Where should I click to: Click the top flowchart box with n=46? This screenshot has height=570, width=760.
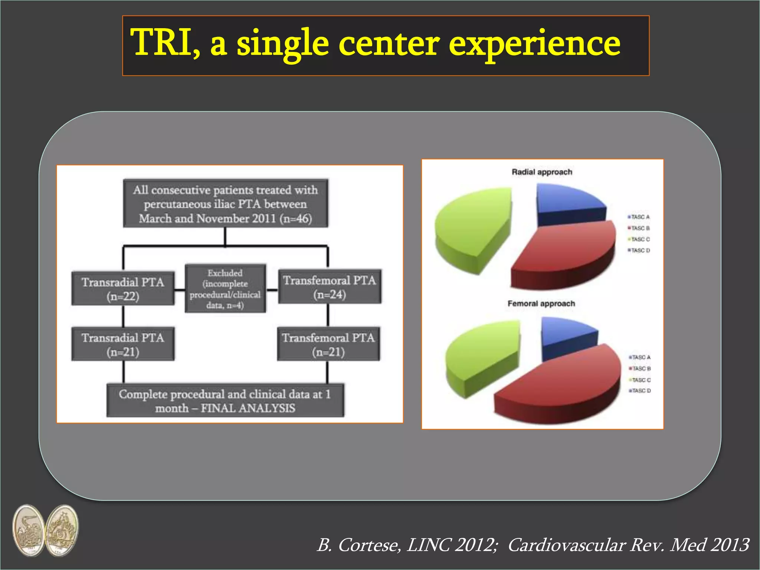(x=226, y=204)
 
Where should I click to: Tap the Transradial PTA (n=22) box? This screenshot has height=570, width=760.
(x=123, y=289)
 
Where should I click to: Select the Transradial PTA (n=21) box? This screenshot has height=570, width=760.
(x=123, y=344)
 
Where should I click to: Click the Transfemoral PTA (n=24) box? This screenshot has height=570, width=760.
(x=330, y=287)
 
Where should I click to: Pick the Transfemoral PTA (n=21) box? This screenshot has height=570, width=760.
(x=328, y=344)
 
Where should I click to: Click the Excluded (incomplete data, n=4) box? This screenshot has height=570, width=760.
(x=225, y=289)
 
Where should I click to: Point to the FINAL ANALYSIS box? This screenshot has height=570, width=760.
(x=225, y=400)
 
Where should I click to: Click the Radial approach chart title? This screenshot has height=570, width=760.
(x=542, y=172)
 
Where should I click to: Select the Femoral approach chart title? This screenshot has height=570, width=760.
(x=541, y=304)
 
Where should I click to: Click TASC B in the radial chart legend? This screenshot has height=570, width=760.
(x=639, y=228)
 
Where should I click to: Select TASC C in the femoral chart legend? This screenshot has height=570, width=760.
(x=640, y=380)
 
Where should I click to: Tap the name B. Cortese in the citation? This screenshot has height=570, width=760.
(x=358, y=545)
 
